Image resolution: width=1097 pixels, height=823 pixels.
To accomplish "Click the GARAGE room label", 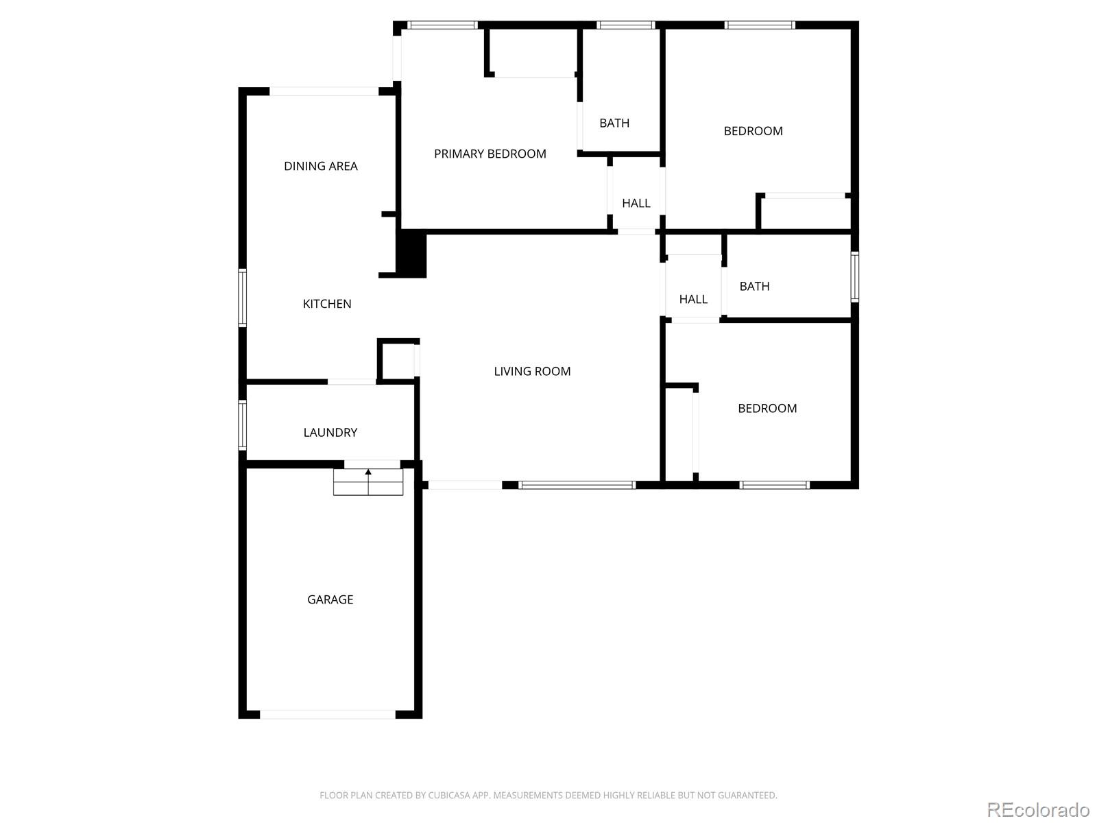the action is point(330,599).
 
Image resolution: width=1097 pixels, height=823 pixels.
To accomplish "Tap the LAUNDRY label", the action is point(330,432).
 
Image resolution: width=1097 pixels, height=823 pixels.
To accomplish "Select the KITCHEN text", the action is point(327,304).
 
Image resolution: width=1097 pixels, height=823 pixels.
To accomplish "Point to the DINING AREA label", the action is point(320,166).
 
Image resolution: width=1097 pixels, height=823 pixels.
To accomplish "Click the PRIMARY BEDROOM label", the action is point(490,154).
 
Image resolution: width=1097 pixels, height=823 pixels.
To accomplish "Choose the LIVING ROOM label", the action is point(532,371).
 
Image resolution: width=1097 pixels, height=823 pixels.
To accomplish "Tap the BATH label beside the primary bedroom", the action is point(614,123).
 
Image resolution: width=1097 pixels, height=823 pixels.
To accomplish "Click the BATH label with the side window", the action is point(754,286).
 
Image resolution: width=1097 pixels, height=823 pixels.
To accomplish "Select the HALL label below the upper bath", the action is point(636,204).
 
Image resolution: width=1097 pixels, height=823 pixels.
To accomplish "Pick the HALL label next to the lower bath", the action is point(693,299).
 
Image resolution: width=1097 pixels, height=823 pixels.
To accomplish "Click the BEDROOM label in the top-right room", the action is point(753,131).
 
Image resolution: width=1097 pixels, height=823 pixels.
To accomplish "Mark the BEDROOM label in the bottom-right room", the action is point(767,408).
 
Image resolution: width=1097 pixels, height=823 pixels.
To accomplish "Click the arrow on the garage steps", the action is point(368,481).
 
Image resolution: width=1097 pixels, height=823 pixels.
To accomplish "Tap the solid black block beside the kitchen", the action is point(411,254).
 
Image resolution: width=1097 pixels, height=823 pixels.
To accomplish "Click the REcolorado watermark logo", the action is point(1038,809).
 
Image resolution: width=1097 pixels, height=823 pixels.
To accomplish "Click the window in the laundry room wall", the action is point(243,425).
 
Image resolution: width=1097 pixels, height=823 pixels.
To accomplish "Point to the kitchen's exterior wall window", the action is point(243,298).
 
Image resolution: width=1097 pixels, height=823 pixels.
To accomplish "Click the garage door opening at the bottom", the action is point(327,715).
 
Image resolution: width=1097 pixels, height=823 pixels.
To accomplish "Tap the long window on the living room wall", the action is point(577,485).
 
